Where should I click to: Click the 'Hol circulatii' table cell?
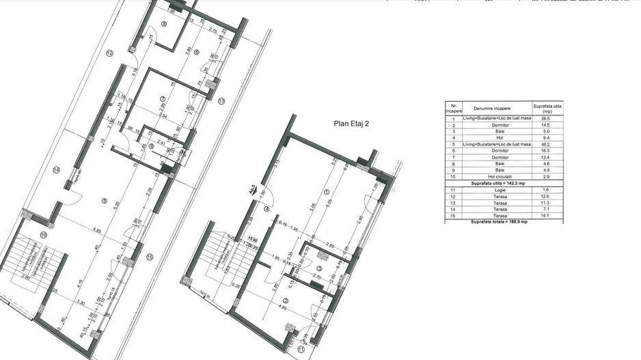[497, 176]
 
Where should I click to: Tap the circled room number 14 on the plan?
[57, 169]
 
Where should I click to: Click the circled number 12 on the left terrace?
[109, 53]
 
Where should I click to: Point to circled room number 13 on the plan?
[221, 101]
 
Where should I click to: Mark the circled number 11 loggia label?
[301, 349]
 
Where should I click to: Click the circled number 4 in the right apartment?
[267, 209]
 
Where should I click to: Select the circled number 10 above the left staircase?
[43, 235]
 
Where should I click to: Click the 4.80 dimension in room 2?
[282, 307]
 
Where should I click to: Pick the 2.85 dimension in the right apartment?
[329, 245]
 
